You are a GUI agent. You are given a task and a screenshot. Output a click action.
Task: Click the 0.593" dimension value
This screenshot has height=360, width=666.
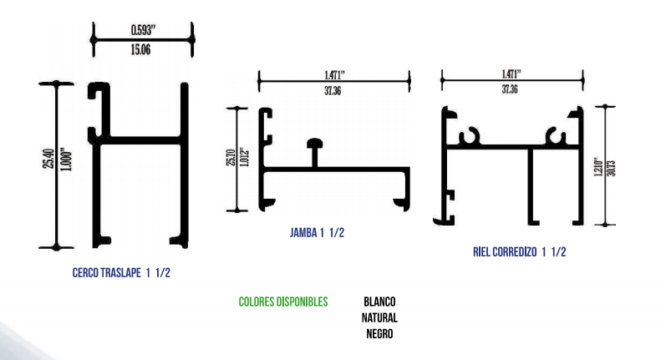coord(143,30)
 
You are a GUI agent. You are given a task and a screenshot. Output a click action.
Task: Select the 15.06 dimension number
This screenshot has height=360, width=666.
coord(143,50)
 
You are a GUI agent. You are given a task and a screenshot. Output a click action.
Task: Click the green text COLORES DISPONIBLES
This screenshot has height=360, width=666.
coord(282,302)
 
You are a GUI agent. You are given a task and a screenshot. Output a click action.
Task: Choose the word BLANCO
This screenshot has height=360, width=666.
coord(379,302)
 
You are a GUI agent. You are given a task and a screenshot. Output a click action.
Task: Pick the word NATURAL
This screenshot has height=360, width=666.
coord(379,318)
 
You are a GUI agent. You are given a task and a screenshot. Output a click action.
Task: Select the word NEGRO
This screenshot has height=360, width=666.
coord(379,334)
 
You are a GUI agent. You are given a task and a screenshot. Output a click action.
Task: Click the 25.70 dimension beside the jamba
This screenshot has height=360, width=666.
coord(229,158)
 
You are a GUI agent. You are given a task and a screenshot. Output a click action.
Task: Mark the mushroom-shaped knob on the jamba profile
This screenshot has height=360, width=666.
coord(316,147)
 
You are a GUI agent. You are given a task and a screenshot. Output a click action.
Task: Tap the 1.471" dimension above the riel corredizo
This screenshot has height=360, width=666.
coord(512,73)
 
